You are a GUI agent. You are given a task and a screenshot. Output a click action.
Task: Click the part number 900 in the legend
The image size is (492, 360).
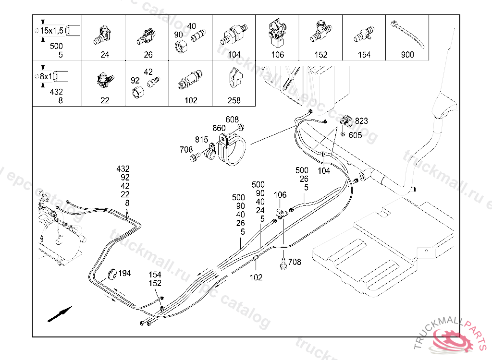[407, 55]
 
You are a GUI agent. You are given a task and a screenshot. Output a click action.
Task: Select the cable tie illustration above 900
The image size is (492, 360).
[407, 34]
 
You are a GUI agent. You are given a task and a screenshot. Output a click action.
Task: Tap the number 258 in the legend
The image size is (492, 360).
[234, 100]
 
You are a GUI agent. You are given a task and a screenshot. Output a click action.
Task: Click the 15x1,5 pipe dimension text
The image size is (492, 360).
[52, 31]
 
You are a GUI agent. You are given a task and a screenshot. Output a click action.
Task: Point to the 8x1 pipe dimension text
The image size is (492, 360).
[46, 76]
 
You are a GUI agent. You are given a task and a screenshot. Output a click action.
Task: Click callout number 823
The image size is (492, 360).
[361, 121]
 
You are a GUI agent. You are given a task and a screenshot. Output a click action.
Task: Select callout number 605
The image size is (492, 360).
[355, 135]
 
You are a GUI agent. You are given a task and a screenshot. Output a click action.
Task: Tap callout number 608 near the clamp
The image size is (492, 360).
[232, 120]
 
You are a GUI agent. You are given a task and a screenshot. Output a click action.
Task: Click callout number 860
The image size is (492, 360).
[219, 128]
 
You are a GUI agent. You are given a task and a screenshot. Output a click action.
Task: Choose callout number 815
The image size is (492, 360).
[201, 140]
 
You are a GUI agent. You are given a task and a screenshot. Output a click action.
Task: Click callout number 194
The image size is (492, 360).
[124, 273]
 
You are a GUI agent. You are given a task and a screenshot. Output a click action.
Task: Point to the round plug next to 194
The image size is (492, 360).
[111, 274]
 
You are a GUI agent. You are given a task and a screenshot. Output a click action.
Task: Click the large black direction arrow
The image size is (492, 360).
[60, 314]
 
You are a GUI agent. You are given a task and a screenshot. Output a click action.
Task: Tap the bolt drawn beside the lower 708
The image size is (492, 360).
[283, 264]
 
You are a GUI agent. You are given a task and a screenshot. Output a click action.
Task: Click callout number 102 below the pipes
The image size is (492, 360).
[256, 277]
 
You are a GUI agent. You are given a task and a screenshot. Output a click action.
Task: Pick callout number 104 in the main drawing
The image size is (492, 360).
[324, 171]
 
